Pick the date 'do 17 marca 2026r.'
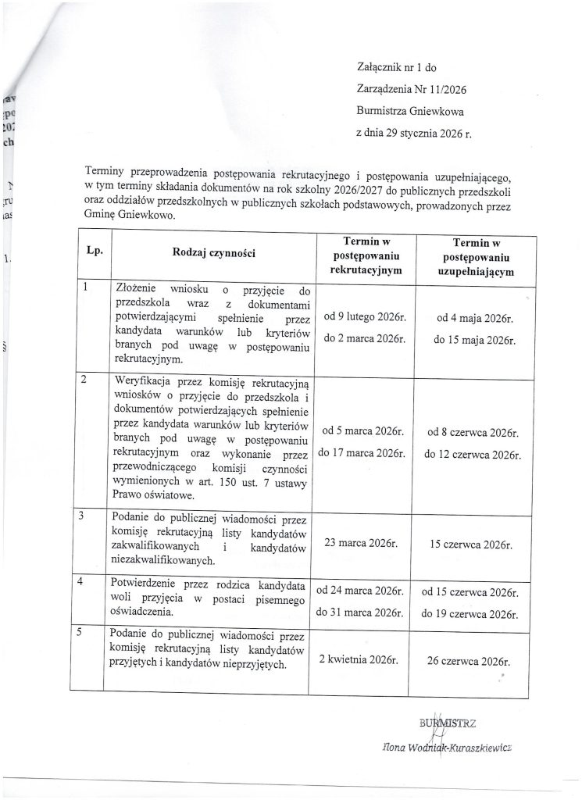(x=360, y=452)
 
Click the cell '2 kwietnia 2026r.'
(x=360, y=660)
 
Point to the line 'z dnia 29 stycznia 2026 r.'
(x=414, y=133)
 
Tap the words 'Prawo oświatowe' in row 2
(x=151, y=495)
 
